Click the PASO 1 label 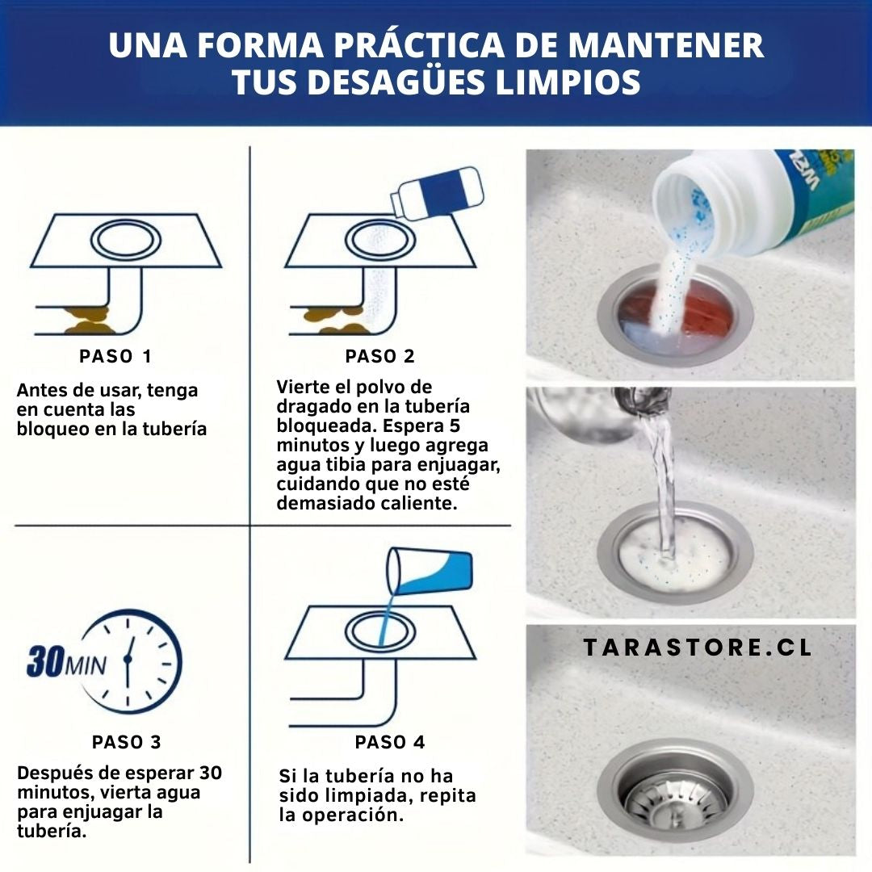(115, 357)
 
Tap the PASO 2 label (380, 357)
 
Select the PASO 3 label (126, 742)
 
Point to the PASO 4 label (390, 742)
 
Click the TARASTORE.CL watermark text (698, 648)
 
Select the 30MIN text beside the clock (66, 661)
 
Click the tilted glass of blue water (430, 571)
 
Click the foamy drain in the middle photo (674, 556)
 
